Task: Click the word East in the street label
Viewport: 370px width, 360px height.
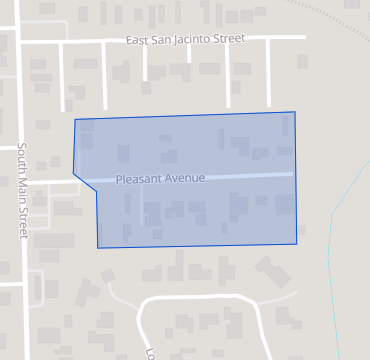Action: pyautogui.click(x=138, y=41)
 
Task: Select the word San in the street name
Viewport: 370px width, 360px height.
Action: pyautogui.click(x=162, y=41)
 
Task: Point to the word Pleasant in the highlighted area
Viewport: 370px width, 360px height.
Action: pyautogui.click(x=138, y=179)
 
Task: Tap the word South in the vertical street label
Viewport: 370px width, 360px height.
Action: pyautogui.click(x=20, y=160)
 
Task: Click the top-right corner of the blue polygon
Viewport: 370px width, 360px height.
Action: pyautogui.click(x=294, y=112)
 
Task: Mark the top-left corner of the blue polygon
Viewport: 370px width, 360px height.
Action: pyautogui.click(x=75, y=120)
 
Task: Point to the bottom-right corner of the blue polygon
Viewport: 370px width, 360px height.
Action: pyautogui.click(x=298, y=244)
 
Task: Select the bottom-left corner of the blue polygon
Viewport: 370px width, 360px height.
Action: pyautogui.click(x=98, y=248)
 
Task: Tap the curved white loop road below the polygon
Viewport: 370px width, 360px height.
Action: pyautogui.click(x=200, y=297)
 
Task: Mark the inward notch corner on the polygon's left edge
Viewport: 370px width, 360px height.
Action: pyautogui.click(x=96, y=192)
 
